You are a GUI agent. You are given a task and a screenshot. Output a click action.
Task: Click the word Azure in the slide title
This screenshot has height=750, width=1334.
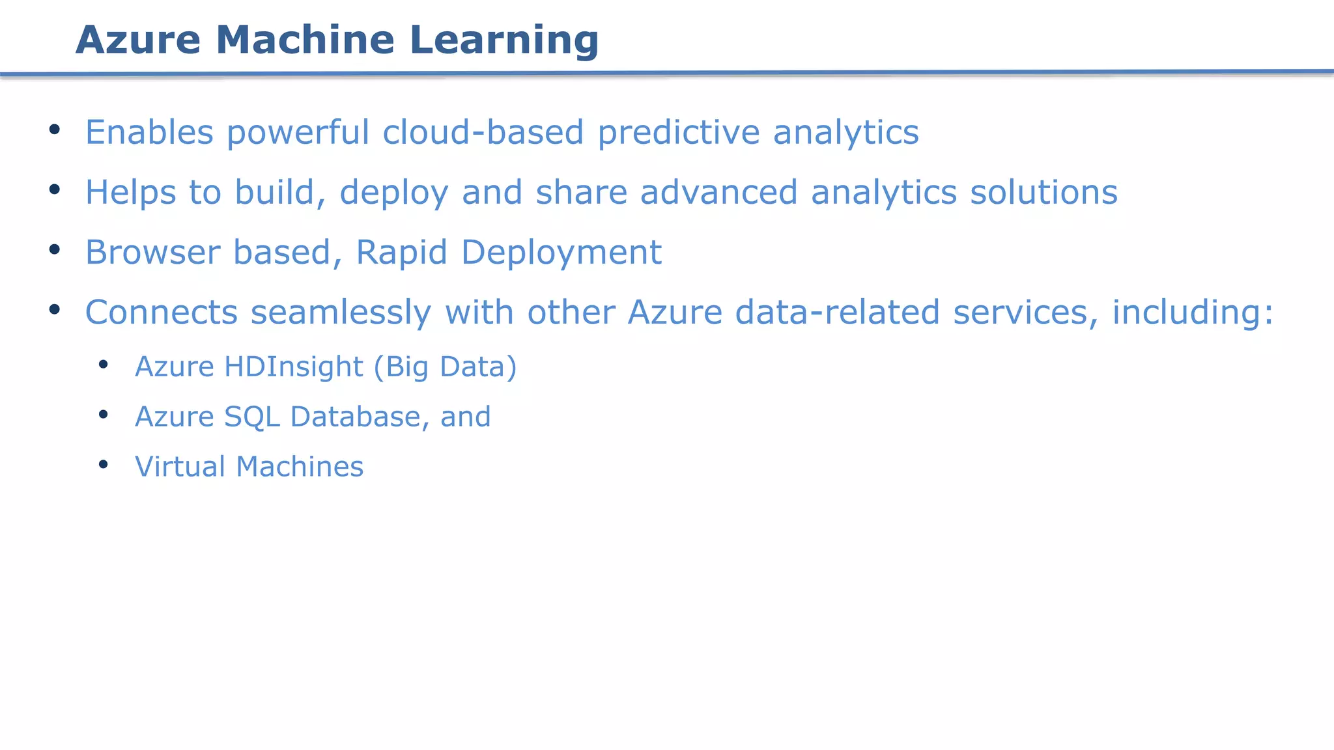(138, 40)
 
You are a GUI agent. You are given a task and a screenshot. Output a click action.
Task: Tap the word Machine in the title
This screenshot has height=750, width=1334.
(305, 40)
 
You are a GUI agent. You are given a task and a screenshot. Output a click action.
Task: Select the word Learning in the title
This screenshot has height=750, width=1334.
(504, 41)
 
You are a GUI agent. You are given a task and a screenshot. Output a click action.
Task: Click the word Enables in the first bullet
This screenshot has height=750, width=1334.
(149, 132)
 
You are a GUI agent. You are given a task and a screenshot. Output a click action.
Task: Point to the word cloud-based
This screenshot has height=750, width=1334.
(483, 132)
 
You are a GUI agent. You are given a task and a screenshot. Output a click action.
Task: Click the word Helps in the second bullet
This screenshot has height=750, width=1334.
(130, 193)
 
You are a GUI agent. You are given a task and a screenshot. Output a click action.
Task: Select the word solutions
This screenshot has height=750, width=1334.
(1043, 193)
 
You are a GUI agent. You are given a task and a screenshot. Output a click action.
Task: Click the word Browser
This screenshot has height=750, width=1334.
(152, 252)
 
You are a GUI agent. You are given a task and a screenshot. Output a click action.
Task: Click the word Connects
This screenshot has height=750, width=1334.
(161, 312)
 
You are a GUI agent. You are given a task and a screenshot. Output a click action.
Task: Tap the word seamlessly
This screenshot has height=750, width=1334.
(341, 312)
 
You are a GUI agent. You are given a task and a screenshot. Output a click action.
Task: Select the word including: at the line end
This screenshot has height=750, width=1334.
(1192, 313)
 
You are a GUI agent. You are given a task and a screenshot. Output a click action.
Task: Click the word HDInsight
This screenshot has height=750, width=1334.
(294, 367)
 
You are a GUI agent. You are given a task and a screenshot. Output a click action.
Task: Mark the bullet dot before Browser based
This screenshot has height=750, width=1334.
(55, 249)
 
